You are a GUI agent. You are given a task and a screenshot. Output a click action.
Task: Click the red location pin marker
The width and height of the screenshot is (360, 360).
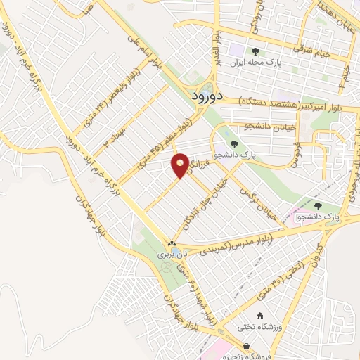click(x=181, y=165)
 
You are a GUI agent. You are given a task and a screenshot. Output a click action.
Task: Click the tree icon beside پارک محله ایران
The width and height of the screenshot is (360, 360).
click(x=255, y=51)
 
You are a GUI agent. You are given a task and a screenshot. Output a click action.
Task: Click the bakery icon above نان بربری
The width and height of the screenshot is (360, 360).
click(x=172, y=241)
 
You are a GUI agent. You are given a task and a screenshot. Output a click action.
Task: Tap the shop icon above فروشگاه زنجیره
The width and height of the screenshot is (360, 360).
click(x=247, y=346)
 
